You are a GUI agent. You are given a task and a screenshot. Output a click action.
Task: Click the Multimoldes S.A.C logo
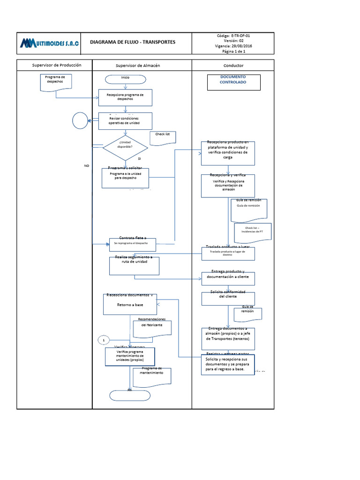coord(49,44)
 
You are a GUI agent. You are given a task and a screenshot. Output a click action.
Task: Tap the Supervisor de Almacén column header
coord(138,66)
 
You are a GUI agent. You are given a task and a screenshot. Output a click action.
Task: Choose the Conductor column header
coord(233,66)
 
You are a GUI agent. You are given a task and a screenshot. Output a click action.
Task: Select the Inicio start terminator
coord(125,77)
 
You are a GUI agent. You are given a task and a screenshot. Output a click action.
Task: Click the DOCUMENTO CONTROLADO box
coord(233,82)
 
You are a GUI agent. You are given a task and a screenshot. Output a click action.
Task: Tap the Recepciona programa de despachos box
coord(125,97)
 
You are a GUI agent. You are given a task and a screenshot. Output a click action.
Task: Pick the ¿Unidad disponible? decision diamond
coord(125,149)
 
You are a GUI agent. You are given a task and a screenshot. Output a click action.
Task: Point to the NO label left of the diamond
coord(86,166)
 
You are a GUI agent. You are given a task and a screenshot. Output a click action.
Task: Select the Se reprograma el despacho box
coord(133,244)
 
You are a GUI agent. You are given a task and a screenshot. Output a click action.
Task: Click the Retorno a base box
coord(130,304)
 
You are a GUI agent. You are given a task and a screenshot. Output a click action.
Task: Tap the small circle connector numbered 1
coord(104,339)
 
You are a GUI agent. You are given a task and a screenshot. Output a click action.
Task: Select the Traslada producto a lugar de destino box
coord(228,254)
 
